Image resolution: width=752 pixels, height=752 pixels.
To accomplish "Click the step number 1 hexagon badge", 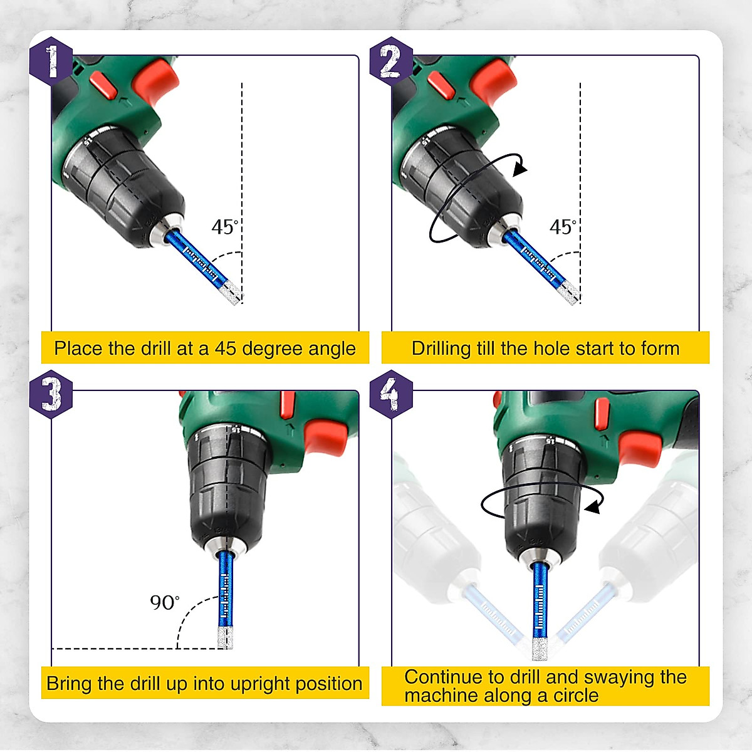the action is tap(51, 61).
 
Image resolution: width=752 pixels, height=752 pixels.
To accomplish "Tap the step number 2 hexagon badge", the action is tap(391, 61).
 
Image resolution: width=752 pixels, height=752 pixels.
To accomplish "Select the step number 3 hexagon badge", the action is tap(51, 395).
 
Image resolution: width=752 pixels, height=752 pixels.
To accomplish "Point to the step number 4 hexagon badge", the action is tap(391, 395).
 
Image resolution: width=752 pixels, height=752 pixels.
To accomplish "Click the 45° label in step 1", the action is tap(225, 227).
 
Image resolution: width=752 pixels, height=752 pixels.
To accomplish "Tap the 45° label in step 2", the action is tap(563, 227).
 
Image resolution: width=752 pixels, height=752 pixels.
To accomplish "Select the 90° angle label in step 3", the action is tap(165, 603).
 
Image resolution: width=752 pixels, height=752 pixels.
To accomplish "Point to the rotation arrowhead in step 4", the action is tap(592, 508).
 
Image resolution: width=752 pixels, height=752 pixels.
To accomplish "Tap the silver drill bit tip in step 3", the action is tap(225, 638).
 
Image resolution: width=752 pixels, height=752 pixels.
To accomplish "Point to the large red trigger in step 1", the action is tap(155, 83).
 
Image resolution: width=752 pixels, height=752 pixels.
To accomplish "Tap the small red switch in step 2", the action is tap(441, 85).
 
